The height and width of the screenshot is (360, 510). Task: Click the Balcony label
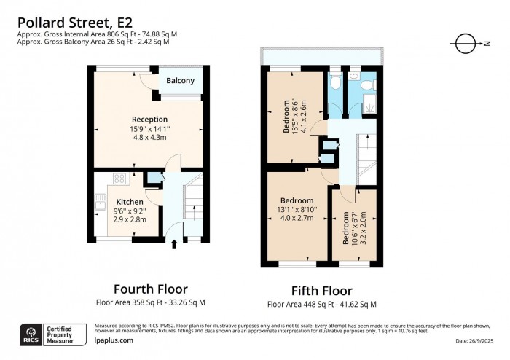180,81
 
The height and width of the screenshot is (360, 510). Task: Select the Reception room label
149,120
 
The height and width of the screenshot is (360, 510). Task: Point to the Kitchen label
130,202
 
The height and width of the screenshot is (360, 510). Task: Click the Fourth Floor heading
150,289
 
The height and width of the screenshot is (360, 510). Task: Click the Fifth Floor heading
321,291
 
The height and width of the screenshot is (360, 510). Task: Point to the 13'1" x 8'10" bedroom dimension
297,210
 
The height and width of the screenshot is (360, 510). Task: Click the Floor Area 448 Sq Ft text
321,304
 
